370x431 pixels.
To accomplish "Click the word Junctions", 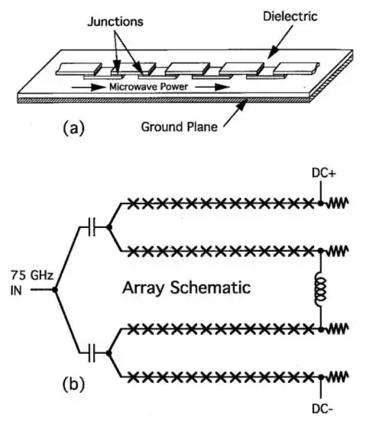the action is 115,21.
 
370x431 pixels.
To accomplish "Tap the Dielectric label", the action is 290,16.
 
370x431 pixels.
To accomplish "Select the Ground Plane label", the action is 180,127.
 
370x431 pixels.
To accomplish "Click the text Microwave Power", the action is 148,87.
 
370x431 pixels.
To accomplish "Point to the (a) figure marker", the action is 74,128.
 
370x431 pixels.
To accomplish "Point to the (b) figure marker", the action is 73,384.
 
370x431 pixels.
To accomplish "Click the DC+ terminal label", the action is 323,173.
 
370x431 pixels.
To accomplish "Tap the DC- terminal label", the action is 323,409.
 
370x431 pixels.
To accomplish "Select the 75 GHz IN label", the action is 31,282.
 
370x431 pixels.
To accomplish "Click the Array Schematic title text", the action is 187,288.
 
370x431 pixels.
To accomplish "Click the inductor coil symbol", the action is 320,288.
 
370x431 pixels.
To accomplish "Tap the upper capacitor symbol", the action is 92,227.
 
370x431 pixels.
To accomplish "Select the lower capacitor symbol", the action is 92,353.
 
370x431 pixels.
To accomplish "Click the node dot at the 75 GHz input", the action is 55,290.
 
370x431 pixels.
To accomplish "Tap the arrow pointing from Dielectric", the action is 280,41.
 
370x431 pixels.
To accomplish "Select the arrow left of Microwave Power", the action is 89,88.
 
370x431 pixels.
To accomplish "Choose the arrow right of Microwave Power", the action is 213,87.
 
